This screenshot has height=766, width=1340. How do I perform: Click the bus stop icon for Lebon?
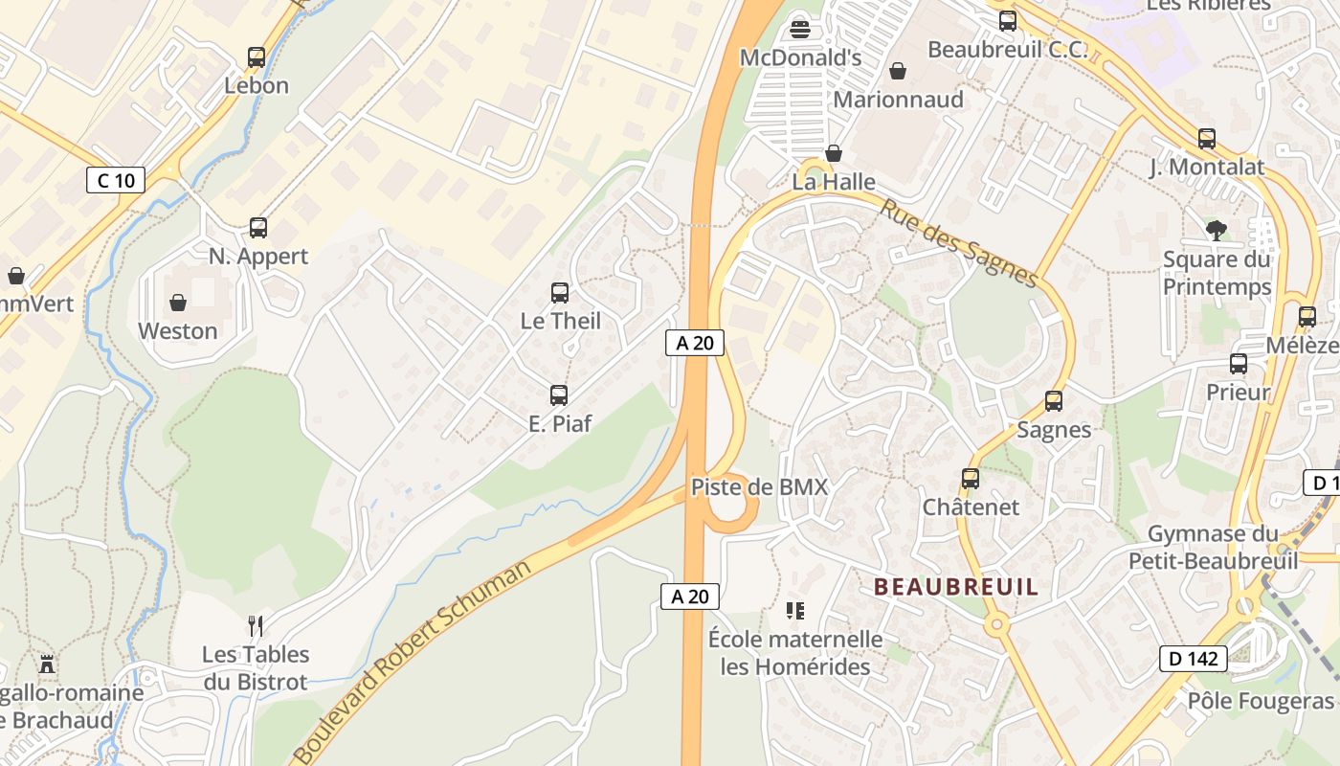[x=257, y=57]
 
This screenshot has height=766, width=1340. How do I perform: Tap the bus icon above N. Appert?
[x=258, y=228]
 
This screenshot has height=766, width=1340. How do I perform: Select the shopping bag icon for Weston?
[x=178, y=304]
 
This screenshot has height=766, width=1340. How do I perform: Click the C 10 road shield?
[x=116, y=179]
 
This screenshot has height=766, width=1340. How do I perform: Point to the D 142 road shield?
[x=1194, y=658]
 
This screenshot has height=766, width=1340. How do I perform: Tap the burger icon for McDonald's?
[x=801, y=29]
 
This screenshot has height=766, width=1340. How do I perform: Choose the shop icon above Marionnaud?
[x=898, y=71]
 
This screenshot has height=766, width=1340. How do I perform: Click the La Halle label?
[x=834, y=182]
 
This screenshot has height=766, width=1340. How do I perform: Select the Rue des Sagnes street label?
[x=959, y=243]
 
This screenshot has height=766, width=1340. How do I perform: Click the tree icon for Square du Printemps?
[x=1217, y=230]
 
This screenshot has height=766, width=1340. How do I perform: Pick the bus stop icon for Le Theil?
[x=560, y=293]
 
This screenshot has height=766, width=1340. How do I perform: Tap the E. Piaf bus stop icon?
[x=559, y=394]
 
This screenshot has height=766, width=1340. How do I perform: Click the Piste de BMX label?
[x=759, y=486]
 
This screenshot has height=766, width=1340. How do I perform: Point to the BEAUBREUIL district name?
[x=956, y=587]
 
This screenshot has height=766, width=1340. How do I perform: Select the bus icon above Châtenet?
[x=971, y=479]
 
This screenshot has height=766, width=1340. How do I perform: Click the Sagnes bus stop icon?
[x=1054, y=401]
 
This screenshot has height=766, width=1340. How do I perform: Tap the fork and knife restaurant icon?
[x=256, y=626]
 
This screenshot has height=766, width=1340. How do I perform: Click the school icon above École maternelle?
[x=794, y=610]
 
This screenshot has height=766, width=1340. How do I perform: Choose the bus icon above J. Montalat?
[x=1207, y=139]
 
